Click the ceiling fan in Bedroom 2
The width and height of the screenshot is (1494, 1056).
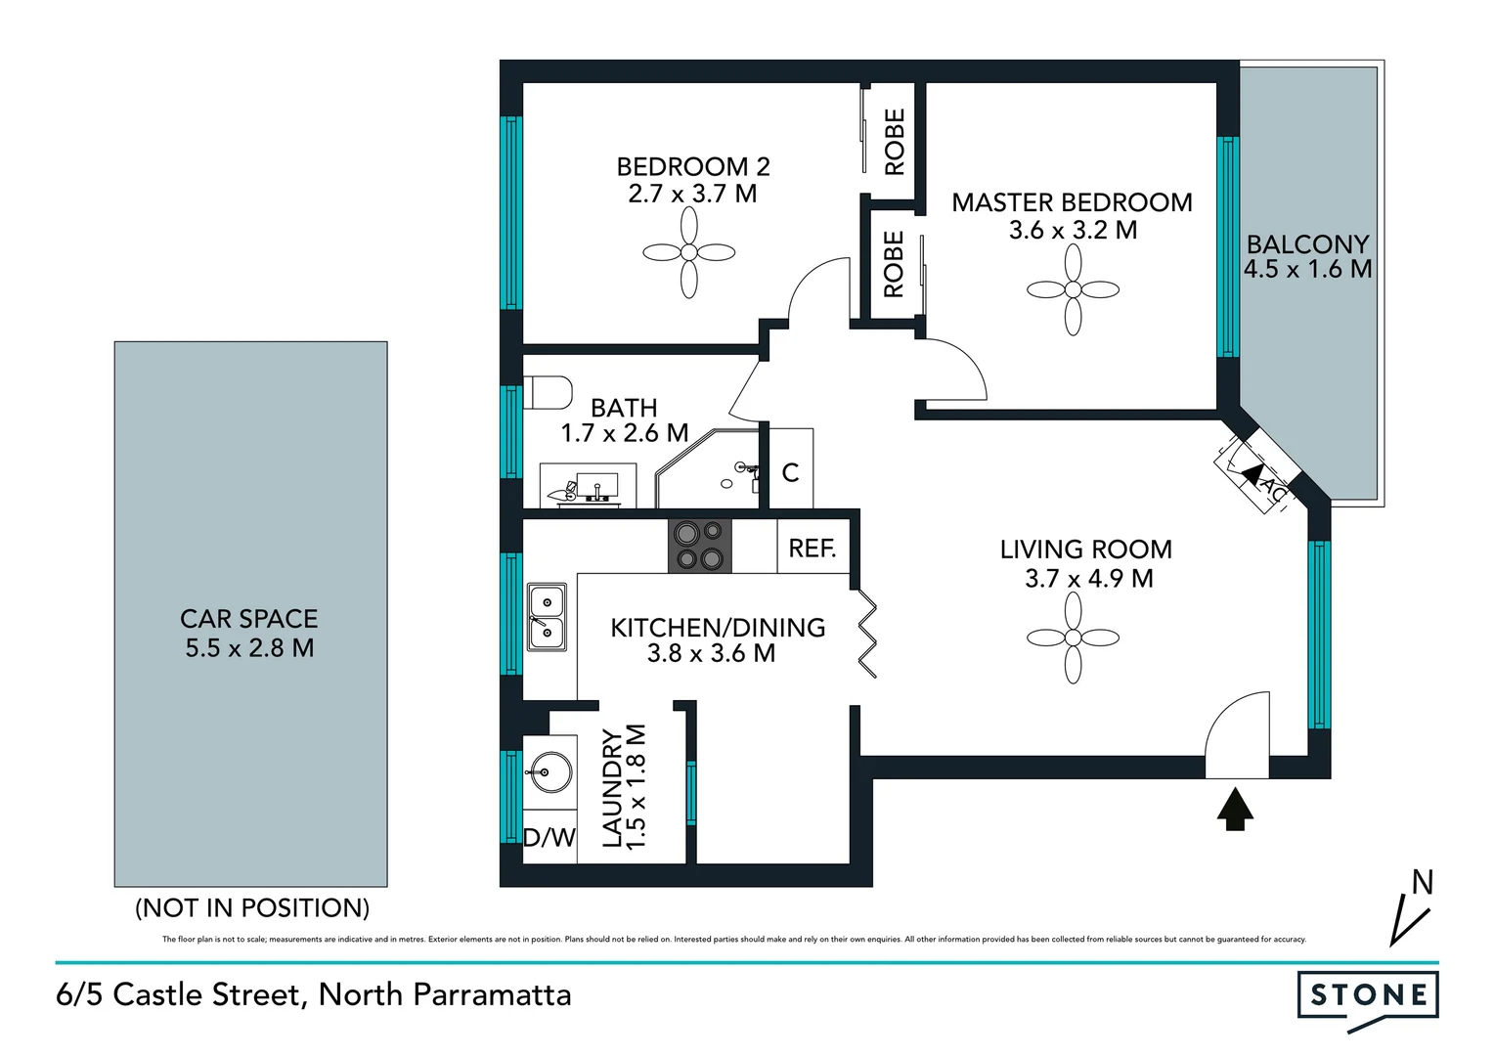(689, 253)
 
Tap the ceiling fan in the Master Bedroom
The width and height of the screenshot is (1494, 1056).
(1073, 289)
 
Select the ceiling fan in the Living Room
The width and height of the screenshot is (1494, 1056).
(1073, 638)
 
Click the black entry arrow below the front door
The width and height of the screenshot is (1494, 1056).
(1236, 809)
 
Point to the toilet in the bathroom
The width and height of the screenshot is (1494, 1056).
(548, 393)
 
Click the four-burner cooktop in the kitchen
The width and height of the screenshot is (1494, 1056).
(699, 546)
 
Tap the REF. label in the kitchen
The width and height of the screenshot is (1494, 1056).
(812, 549)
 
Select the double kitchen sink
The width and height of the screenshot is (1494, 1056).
(547, 617)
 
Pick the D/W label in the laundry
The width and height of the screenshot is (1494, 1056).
(549, 838)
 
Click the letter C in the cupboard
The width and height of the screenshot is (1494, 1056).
(790, 473)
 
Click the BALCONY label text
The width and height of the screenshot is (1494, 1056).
(1307, 243)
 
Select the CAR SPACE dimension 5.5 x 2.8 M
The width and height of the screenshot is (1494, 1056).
(249, 647)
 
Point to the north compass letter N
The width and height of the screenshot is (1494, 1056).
(1422, 883)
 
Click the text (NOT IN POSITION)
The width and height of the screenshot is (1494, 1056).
(252, 907)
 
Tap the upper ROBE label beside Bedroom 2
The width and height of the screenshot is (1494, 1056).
(894, 142)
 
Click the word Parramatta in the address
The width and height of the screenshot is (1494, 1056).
(492, 994)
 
